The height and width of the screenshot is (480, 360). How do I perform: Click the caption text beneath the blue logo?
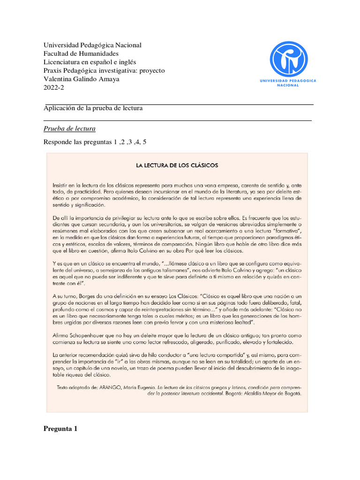click(288, 83)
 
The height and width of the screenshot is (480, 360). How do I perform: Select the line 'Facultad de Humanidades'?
click(81, 53)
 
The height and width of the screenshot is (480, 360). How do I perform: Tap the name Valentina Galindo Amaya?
click(82, 79)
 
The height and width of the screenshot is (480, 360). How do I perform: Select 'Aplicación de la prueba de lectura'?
click(93, 108)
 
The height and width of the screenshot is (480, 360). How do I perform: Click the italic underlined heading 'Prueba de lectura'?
click(69, 128)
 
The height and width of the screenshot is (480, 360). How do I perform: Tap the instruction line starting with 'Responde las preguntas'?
click(95, 142)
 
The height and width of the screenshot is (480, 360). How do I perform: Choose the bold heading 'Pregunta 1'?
click(60, 429)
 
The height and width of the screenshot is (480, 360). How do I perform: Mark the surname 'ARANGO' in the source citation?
click(113, 388)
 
